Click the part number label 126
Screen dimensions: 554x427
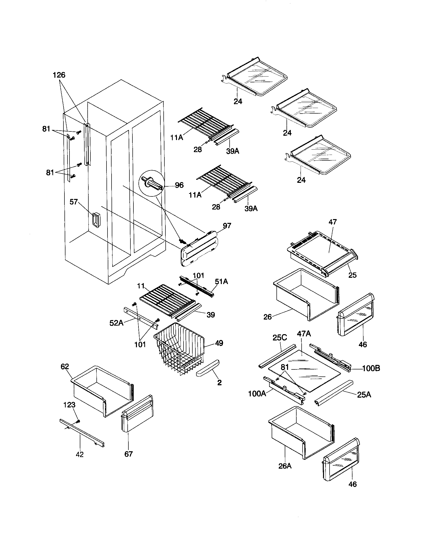[59, 75]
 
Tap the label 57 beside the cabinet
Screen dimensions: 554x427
[74, 202]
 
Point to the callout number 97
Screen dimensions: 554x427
[227, 226]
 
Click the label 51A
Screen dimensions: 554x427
[221, 281]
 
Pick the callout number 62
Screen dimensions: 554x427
[65, 366]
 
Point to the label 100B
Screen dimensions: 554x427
[371, 368]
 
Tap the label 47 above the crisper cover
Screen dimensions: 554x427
[332, 222]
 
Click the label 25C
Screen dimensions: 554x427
[280, 338]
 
